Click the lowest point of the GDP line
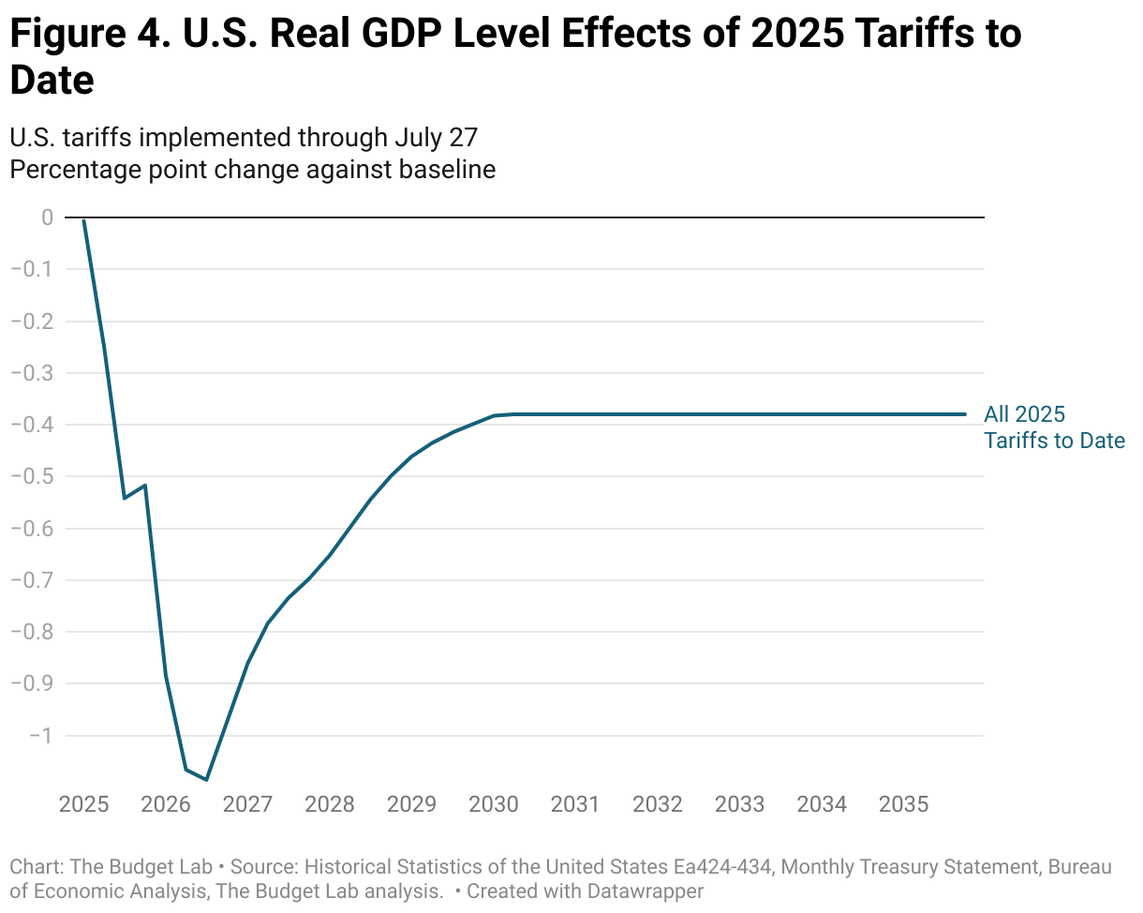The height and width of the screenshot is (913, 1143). (206, 780)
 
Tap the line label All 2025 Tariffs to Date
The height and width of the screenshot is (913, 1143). (1053, 427)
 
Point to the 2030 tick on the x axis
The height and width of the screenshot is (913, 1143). (494, 804)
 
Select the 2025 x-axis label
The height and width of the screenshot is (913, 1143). (83, 804)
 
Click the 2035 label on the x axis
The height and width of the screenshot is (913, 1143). (904, 804)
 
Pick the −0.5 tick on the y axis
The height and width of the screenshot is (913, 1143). (31, 476)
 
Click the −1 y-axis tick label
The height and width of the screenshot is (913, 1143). (39, 735)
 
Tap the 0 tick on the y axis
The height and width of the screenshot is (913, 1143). (47, 217)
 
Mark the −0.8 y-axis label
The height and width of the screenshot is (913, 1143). (31, 632)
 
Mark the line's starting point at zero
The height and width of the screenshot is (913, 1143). (84, 220)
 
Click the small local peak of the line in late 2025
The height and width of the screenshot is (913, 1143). (145, 486)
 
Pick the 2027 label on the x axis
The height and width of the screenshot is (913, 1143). (247, 804)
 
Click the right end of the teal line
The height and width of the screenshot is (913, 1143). (965, 414)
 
